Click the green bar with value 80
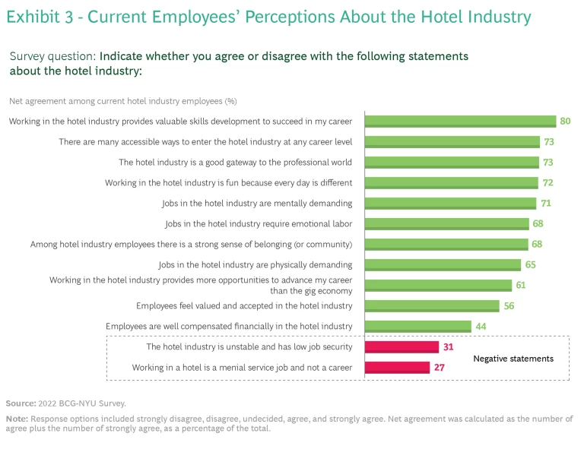coord(460,121)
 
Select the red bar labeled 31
coord(401,347)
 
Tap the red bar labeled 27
coord(397,368)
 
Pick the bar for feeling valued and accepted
coord(432,305)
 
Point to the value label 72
coord(546,182)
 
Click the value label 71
coord(545,203)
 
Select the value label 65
coord(530,264)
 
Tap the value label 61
coord(521,285)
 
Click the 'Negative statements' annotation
coord(513,358)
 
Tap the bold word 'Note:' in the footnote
coord(17,419)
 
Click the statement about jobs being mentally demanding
coord(257,203)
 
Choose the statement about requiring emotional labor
coord(259,223)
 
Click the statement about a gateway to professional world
coord(235,162)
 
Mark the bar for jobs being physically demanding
coord(443,264)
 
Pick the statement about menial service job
coord(242,368)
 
